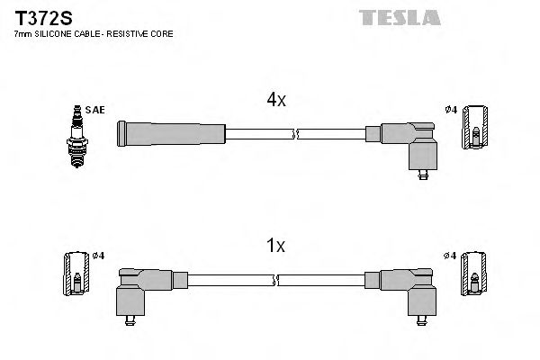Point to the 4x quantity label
pos(275,101)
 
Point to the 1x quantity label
pos(275,245)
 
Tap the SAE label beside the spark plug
pos(96,110)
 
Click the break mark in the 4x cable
pos(295,134)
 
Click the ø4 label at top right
pos(452,110)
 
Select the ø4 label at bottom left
pos(99,256)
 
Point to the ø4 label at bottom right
pos(452,256)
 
